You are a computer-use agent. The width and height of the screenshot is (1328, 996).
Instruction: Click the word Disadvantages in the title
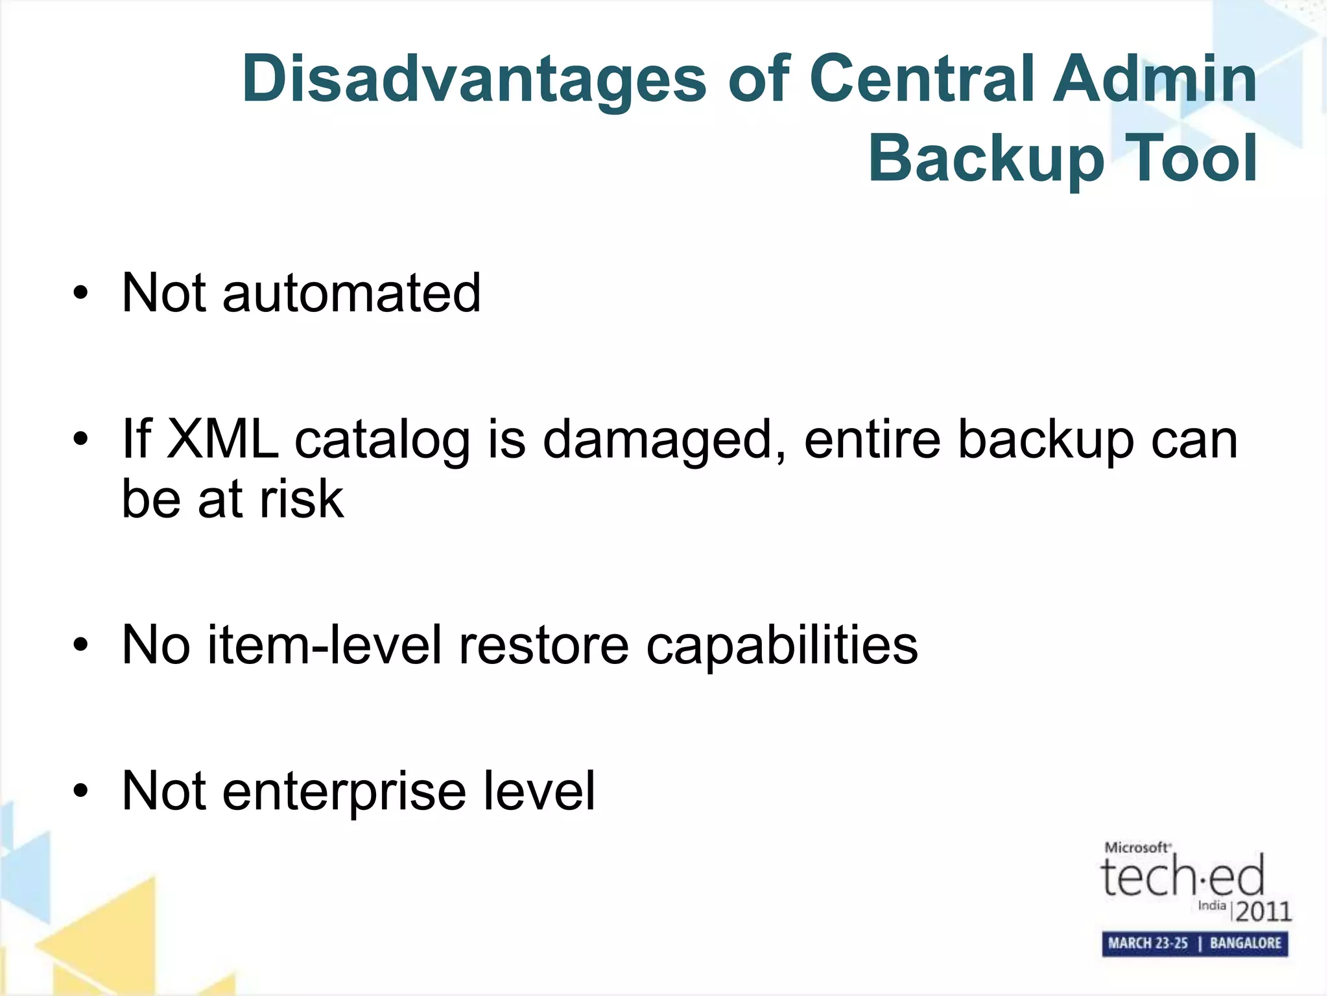(474, 79)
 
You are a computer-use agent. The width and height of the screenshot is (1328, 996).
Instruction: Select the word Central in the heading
(921, 79)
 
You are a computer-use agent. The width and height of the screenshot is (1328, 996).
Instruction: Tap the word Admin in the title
(1154, 79)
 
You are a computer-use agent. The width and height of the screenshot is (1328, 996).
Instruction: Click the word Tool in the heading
(1191, 158)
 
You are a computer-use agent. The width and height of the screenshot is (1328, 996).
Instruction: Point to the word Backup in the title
(986, 160)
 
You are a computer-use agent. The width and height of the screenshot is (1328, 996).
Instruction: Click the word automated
(351, 293)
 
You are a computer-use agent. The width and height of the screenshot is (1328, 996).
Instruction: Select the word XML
(222, 439)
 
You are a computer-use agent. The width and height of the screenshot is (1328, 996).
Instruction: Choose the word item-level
(324, 645)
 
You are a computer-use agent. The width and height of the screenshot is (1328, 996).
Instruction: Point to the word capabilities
(782, 646)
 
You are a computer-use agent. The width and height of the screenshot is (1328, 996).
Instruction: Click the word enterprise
(344, 792)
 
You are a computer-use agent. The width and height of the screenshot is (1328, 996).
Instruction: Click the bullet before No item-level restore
(80, 646)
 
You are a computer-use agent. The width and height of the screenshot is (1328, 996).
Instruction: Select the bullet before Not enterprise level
(80, 792)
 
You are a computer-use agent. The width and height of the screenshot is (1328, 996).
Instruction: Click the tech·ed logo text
(1182, 876)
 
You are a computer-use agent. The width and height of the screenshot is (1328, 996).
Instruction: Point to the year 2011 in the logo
(1263, 912)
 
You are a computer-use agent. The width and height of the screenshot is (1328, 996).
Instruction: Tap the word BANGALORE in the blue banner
(1246, 943)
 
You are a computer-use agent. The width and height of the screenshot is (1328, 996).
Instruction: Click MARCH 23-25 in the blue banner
(1147, 943)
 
